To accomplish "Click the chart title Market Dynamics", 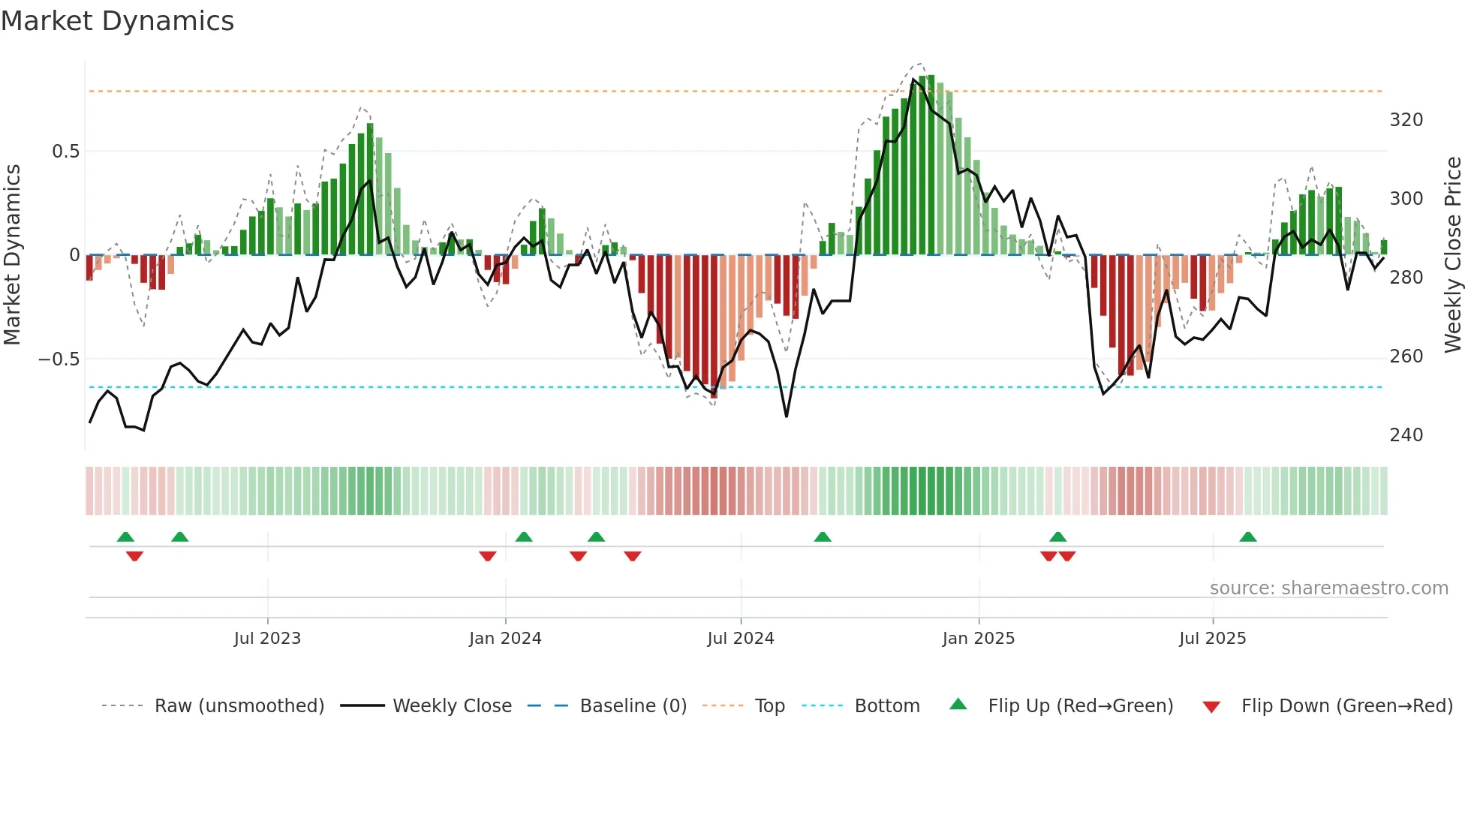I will [118, 21].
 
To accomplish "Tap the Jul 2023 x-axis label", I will [267, 639].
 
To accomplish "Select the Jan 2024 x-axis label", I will [505, 639].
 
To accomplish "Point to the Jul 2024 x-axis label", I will [741, 639].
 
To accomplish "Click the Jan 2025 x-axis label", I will [979, 639].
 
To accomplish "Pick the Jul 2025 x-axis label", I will [1213, 639].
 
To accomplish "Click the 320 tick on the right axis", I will [1406, 120].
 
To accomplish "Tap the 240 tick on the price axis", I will [1406, 435].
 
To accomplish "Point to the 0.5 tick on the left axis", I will [65, 152].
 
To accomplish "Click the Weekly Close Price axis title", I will [1454, 255].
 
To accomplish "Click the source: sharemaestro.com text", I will [1328, 588].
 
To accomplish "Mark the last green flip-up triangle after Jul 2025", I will [1248, 537].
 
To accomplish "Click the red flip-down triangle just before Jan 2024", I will [488, 556].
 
